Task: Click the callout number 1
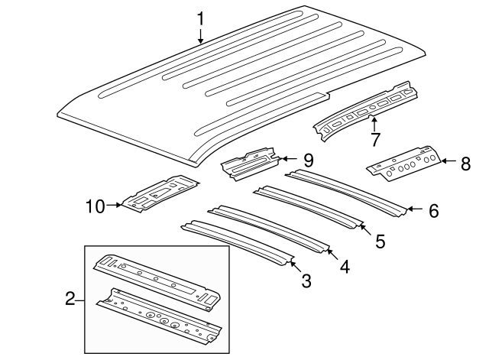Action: pyautogui.click(x=200, y=17)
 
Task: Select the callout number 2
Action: pyautogui.click(x=70, y=299)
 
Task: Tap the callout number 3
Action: pyautogui.click(x=306, y=281)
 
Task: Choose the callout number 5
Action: pyautogui.click(x=380, y=242)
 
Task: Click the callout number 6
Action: pyautogui.click(x=433, y=211)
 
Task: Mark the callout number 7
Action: pyautogui.click(x=374, y=140)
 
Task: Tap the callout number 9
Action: pyautogui.click(x=307, y=160)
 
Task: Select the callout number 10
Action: pyautogui.click(x=95, y=205)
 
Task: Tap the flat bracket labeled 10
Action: pyautogui.click(x=160, y=196)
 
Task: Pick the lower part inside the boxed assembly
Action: pyautogui.click(x=160, y=313)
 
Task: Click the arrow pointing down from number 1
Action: pyautogui.click(x=200, y=38)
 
